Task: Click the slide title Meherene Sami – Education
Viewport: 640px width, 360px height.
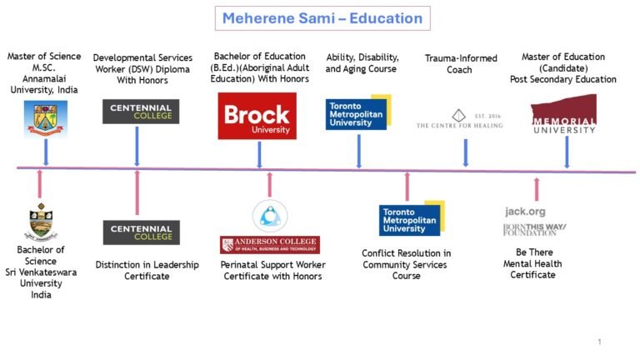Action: [322, 17]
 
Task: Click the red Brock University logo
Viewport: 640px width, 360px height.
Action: [257, 116]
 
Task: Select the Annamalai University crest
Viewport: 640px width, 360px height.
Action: [45, 118]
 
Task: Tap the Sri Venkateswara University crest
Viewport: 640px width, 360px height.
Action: [40, 222]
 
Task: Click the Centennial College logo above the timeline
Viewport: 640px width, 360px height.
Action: [141, 111]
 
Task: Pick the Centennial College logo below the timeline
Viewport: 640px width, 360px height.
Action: [141, 232]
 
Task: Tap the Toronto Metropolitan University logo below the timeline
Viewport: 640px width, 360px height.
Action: [409, 219]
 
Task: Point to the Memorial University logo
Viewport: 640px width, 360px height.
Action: [563, 114]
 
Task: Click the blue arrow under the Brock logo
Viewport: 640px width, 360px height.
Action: [259, 154]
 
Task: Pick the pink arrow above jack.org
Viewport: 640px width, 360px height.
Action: [536, 188]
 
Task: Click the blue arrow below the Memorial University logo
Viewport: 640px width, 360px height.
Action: [567, 152]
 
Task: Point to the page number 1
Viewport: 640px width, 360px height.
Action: [599, 342]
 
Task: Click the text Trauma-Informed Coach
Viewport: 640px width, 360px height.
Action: [460, 63]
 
